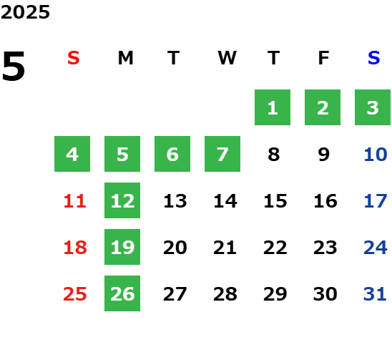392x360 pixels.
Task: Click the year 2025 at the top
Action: click(25, 12)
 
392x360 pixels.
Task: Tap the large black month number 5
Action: click(14, 66)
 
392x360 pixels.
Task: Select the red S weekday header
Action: click(74, 58)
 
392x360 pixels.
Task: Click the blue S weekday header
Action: click(374, 58)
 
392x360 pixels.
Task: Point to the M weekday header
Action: click(125, 58)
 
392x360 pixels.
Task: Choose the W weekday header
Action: click(227, 58)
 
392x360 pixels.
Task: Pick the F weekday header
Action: click(324, 58)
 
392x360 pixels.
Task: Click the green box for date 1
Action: click(273, 107)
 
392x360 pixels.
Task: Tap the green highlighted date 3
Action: click(373, 107)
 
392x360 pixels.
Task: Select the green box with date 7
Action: click(222, 154)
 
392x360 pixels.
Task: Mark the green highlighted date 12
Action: click(122, 200)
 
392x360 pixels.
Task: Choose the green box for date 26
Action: click(122, 293)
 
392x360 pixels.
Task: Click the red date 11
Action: click(74, 201)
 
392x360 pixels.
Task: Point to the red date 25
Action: click(74, 294)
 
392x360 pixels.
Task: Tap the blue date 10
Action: click(376, 155)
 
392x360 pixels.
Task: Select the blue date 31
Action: click(375, 294)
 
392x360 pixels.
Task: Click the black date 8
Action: click(274, 155)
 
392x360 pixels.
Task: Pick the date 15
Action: click(275, 201)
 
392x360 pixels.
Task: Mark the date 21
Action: click(225, 248)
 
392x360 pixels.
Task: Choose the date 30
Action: click(325, 294)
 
